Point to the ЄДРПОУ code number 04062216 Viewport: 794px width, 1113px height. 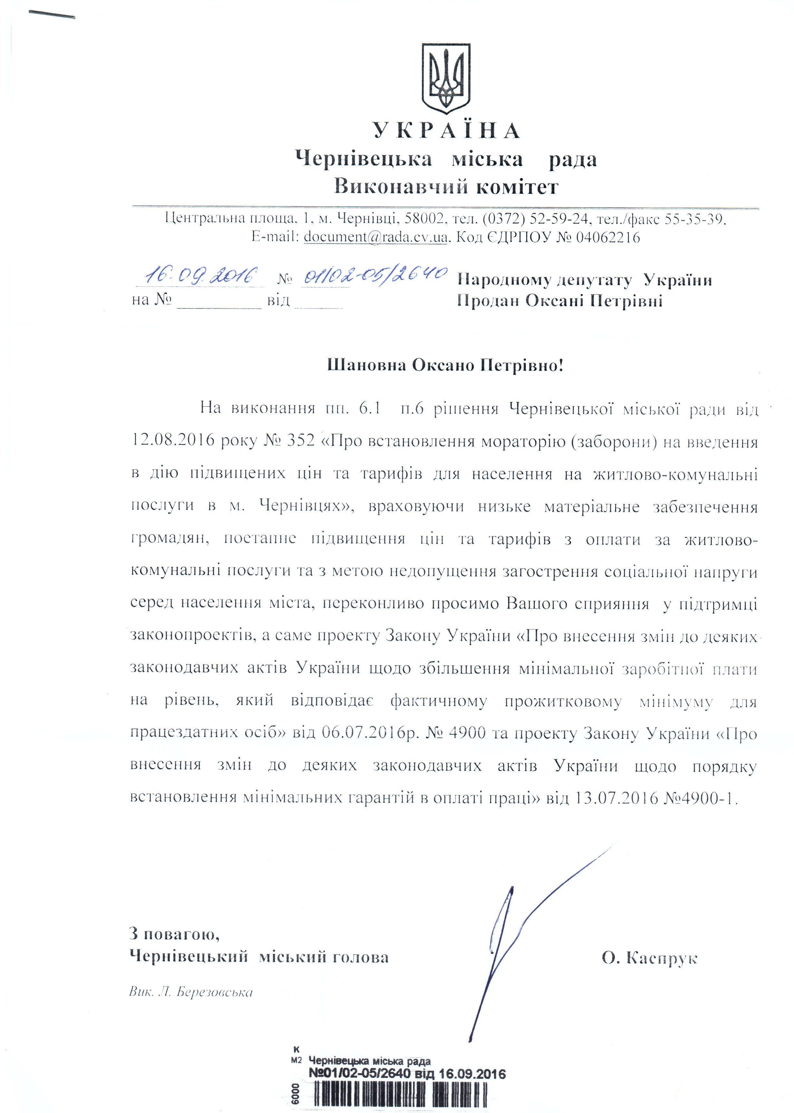click(x=608, y=237)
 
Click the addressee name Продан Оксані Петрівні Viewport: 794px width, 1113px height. click(x=560, y=300)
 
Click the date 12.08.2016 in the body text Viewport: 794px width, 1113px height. click(x=173, y=441)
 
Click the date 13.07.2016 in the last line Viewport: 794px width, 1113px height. click(x=617, y=798)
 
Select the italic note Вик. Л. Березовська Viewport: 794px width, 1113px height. click(x=191, y=992)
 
